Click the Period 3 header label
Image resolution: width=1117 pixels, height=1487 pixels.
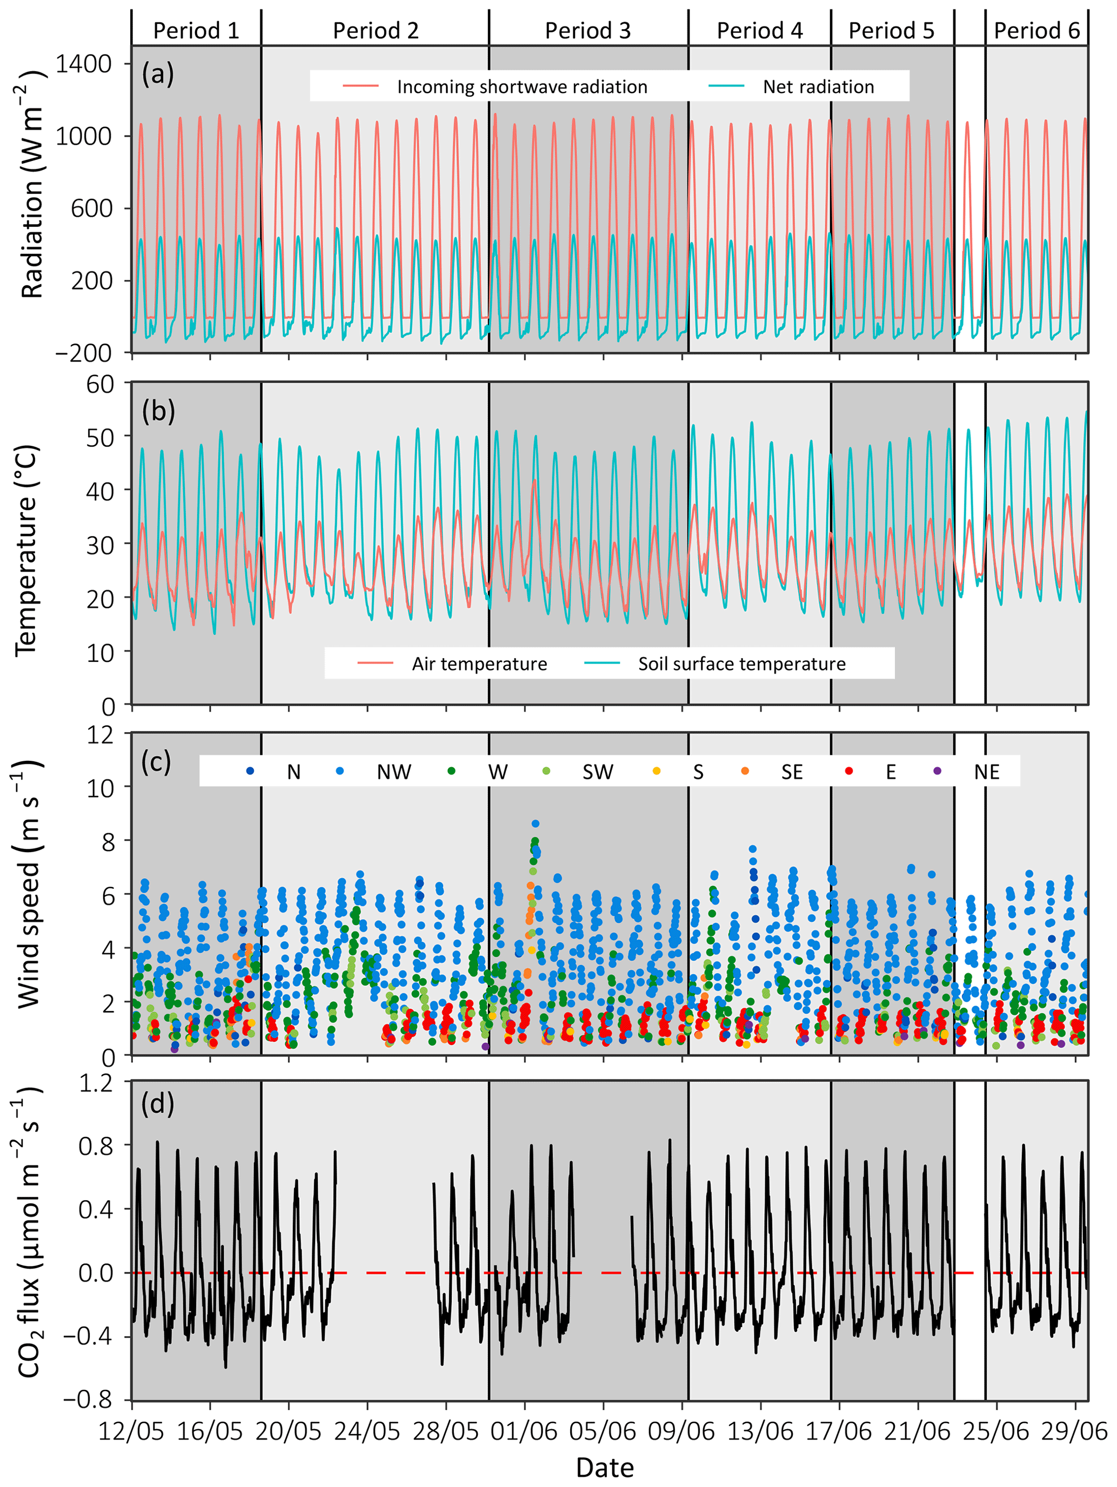[x=588, y=30]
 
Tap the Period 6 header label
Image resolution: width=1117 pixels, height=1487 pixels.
[x=1036, y=30]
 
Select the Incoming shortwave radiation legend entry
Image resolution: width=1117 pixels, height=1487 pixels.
[x=521, y=86]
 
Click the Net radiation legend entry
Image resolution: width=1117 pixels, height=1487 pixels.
[x=818, y=86]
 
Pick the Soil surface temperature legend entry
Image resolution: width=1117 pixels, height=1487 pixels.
[x=741, y=664]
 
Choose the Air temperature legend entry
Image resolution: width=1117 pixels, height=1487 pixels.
[x=479, y=664]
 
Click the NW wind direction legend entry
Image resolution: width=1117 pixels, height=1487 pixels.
[x=393, y=772]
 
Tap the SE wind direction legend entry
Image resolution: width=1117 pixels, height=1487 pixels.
[x=792, y=772]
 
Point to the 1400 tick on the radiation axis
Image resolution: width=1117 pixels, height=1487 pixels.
[x=83, y=64]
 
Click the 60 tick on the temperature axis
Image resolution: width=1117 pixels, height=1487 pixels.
[x=99, y=385]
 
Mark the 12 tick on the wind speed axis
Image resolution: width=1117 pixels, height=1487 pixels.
[x=99, y=734]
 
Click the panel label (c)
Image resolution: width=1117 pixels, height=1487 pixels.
[x=157, y=762]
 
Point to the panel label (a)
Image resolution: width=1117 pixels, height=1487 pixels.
[x=158, y=74]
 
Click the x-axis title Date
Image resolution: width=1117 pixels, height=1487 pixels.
[x=605, y=1468]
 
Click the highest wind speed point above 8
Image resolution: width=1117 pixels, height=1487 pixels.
[x=536, y=823]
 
